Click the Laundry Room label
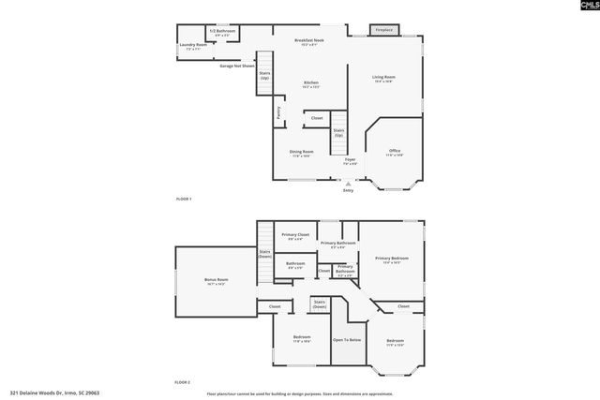click(x=196, y=45)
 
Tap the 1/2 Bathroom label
click(x=222, y=32)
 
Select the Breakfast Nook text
click(x=308, y=40)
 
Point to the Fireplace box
click(x=383, y=30)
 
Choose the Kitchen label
click(x=311, y=84)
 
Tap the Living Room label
click(x=383, y=79)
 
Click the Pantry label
click(x=278, y=112)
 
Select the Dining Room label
click(x=302, y=152)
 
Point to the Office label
click(x=395, y=152)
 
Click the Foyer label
click(x=350, y=161)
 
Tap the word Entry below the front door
click(x=348, y=191)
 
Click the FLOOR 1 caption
click(x=184, y=200)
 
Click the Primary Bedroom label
click(x=392, y=259)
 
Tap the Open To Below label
click(x=347, y=340)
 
